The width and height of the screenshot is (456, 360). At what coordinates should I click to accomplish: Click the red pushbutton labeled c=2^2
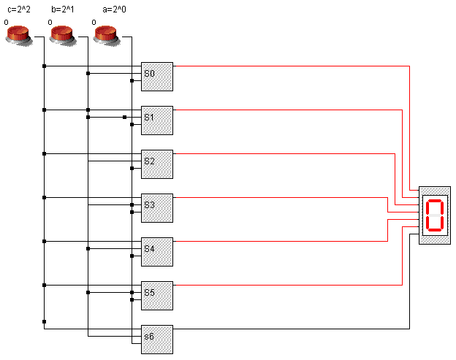[19, 34]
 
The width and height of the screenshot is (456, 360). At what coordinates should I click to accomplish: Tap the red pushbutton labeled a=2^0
[107, 34]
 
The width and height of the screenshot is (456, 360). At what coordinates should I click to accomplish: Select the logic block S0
[157, 76]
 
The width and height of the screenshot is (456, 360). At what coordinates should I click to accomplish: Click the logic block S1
[157, 120]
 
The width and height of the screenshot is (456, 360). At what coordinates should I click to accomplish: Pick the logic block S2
[157, 164]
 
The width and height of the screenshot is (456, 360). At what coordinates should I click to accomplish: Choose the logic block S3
[157, 207]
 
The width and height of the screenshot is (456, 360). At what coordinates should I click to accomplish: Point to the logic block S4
[157, 251]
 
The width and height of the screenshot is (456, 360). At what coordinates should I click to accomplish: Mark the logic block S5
[157, 295]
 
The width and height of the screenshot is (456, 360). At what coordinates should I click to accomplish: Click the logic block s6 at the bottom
[157, 339]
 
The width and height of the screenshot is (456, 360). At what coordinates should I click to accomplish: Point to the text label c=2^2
[19, 9]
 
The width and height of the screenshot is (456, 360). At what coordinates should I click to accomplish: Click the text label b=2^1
[63, 9]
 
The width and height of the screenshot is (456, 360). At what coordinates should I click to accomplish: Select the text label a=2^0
[107, 9]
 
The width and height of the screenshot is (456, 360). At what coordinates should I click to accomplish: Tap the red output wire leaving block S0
[292, 66]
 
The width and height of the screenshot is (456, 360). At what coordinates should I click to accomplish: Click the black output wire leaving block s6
[292, 329]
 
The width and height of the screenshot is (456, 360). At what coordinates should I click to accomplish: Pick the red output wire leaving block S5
[292, 285]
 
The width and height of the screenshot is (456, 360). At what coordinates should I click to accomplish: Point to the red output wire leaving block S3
[292, 197]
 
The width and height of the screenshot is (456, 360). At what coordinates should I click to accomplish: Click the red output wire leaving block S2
[292, 153]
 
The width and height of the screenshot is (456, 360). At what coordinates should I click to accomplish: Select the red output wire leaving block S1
[292, 110]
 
